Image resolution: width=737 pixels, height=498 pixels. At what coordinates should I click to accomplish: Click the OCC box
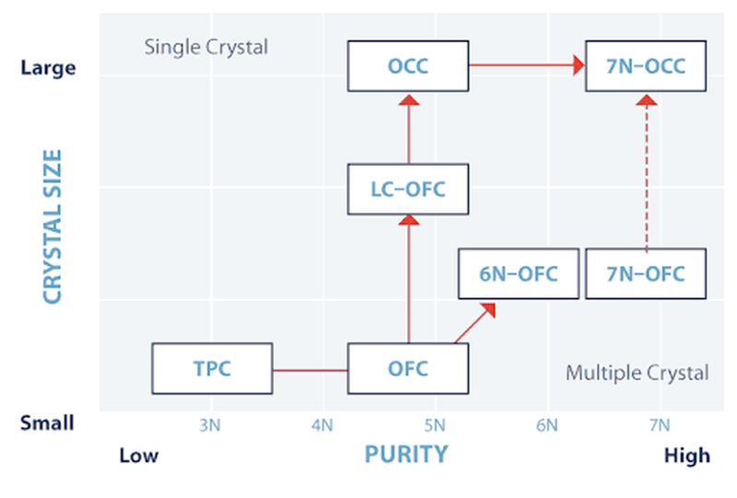coord(407,66)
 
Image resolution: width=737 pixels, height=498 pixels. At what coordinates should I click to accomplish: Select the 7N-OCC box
coord(646,66)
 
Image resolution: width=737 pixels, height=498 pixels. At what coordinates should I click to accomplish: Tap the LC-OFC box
coord(407,189)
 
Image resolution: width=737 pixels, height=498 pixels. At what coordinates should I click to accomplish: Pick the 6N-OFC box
coord(520,273)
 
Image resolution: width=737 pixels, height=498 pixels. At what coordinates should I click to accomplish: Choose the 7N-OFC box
coord(646,273)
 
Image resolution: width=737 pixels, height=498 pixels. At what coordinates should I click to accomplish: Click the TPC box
coord(212,369)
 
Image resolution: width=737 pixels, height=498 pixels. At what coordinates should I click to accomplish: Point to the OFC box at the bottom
coord(407,369)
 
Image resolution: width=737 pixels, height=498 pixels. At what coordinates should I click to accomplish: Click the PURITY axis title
coord(406,454)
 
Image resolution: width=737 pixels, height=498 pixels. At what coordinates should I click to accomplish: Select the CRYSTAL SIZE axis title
coord(53,226)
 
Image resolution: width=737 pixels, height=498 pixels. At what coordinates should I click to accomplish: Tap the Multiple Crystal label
coord(637,373)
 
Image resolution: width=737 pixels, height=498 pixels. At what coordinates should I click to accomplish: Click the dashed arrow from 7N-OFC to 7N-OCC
coord(646,175)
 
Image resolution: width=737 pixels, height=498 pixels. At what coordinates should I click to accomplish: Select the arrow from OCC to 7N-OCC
coord(527,65)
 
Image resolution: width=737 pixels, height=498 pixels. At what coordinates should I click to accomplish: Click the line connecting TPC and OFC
coord(310,370)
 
